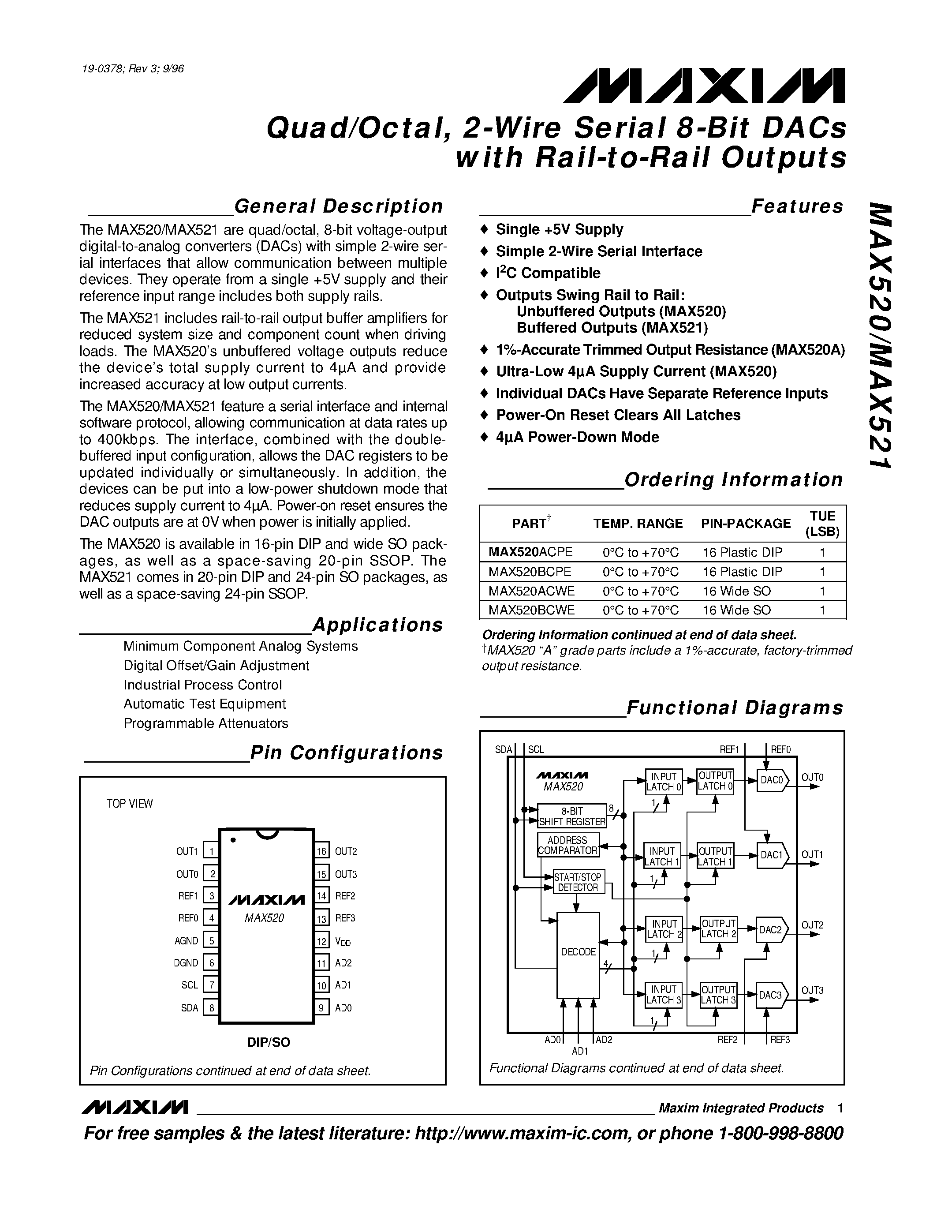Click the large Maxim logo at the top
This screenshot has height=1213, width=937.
[704, 86]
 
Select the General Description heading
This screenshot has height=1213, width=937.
[338, 206]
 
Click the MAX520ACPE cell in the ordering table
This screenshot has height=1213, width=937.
[530, 552]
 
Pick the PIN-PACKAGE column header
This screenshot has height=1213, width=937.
[746, 524]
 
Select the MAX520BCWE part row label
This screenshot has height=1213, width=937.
[531, 610]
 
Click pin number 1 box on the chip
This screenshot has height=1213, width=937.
[211, 851]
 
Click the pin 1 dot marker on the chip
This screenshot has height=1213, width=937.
[233, 840]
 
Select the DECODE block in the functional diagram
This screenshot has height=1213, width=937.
[578, 951]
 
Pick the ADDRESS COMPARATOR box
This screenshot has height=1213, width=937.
[568, 845]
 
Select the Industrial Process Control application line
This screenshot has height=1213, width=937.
[202, 685]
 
